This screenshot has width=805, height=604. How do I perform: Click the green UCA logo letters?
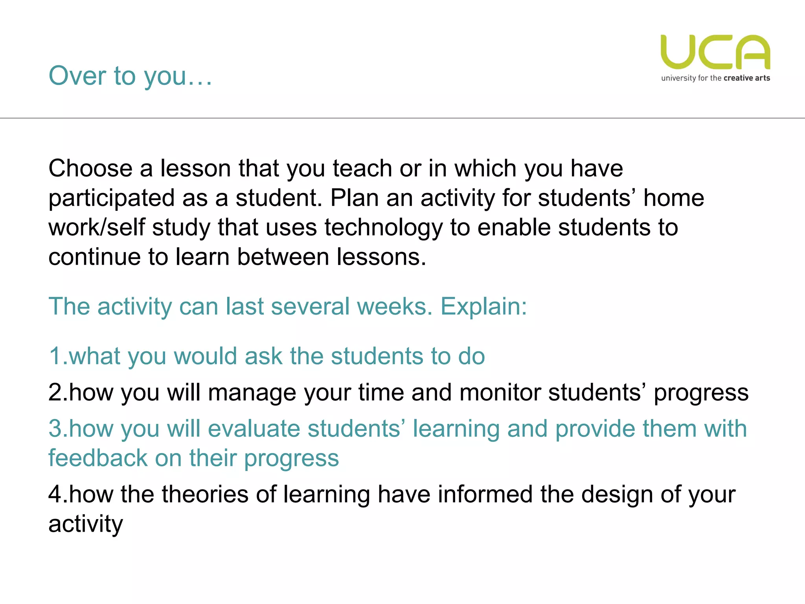click(x=715, y=52)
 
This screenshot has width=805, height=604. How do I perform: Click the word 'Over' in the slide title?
click(x=77, y=75)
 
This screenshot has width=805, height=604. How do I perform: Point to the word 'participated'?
click(x=112, y=198)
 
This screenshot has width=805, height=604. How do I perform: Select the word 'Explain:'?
click(x=483, y=306)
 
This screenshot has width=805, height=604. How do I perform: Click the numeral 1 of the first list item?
click(x=55, y=356)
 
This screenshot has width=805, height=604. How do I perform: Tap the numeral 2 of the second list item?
click(x=55, y=392)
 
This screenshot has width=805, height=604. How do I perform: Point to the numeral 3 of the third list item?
click(x=55, y=429)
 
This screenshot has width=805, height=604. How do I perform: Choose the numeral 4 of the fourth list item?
click(x=55, y=494)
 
